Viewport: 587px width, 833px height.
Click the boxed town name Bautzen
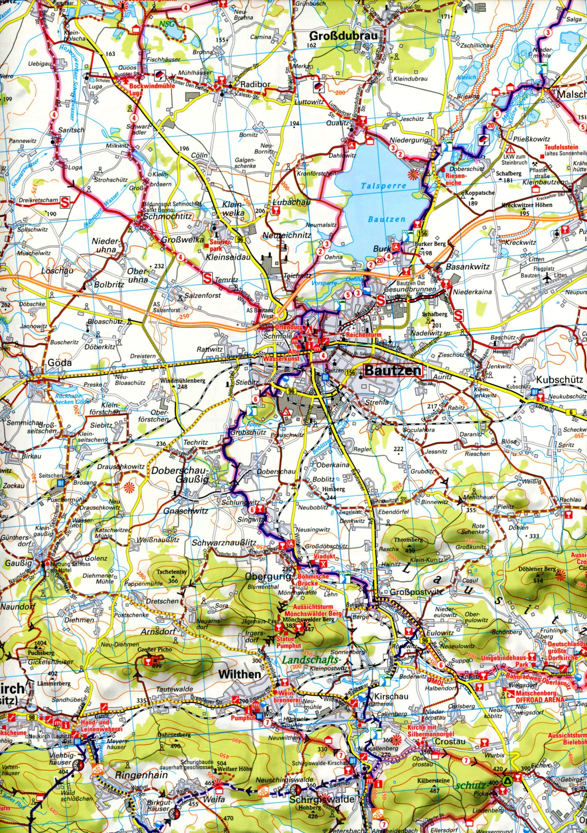[393, 371]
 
